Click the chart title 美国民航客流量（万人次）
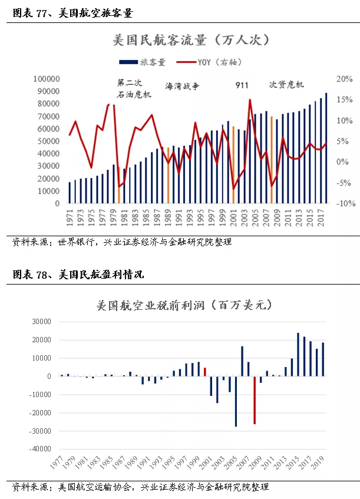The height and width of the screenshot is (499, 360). (x=191, y=40)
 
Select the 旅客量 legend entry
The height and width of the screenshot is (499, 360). (x=142, y=62)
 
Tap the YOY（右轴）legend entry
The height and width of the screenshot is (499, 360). (x=209, y=62)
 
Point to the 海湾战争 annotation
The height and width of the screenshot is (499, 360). (x=183, y=86)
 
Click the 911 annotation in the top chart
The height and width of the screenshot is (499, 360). (x=242, y=85)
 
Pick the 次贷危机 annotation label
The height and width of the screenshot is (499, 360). (x=286, y=85)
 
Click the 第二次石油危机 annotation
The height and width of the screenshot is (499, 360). (x=134, y=88)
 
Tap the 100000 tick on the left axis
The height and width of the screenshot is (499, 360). (x=47, y=79)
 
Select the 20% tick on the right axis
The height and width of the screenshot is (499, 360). (x=345, y=79)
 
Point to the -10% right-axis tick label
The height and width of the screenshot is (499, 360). (x=346, y=203)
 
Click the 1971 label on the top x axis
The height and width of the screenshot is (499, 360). (x=70, y=217)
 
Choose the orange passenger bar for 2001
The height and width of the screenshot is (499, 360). (x=233, y=165)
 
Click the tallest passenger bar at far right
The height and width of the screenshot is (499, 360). (x=326, y=148)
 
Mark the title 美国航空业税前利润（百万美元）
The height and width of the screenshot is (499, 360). (x=184, y=306)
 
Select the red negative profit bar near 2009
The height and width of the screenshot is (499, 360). (x=255, y=400)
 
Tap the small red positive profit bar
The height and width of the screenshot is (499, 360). (x=205, y=372)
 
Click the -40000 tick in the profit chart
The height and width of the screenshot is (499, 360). (x=41, y=449)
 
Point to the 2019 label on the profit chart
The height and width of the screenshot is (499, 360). (x=318, y=462)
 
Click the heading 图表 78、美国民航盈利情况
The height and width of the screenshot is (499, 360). (x=78, y=275)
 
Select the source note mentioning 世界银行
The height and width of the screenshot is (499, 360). (x=122, y=242)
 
